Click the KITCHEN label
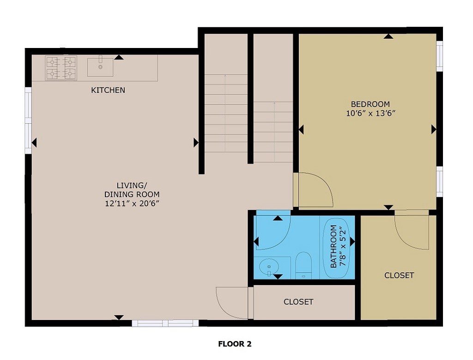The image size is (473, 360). pos(108,90)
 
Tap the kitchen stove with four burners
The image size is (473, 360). pos(61,67)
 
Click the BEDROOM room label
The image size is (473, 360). pos(370,104)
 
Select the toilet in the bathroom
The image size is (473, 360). pos(303,265)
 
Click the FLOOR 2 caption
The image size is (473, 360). pos(235,344)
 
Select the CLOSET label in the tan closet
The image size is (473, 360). pos(399,276)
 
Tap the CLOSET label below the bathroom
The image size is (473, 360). pos(298,302)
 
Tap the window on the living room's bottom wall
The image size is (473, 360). pos(165,323)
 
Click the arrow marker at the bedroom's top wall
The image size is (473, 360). pos(388,36)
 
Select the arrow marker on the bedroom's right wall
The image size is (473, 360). pos(433,130)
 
